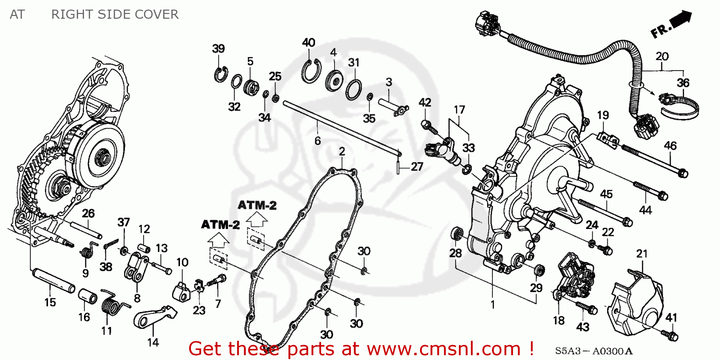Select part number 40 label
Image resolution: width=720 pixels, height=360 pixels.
click(x=308, y=42)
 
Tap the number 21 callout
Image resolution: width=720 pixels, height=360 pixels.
click(x=642, y=253)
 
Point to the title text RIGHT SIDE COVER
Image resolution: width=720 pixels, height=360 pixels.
click(x=115, y=14)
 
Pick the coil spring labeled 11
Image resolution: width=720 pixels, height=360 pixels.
click(x=112, y=305)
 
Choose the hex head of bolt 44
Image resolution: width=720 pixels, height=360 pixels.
click(x=661, y=195)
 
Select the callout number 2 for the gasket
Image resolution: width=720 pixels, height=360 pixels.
click(x=341, y=152)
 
